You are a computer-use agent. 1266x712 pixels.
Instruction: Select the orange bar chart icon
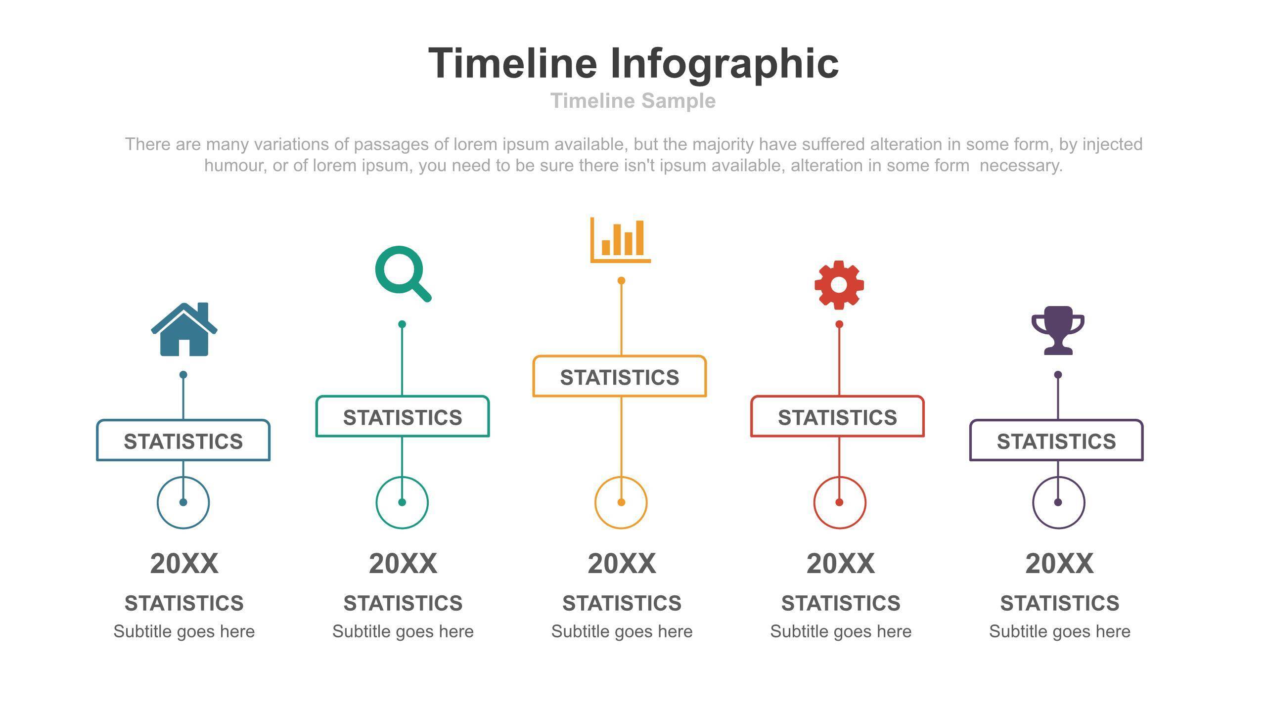point(621,240)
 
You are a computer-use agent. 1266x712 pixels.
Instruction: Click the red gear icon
point(839,285)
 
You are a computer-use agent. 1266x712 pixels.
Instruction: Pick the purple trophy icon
point(1058,330)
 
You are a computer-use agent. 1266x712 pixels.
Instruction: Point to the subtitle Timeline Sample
point(633,101)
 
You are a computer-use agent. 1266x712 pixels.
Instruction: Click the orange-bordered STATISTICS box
point(620,376)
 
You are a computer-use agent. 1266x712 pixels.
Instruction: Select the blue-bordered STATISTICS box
point(183,441)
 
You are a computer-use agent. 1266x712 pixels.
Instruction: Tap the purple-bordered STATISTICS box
point(1056,441)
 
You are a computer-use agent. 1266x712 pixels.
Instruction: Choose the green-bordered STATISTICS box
point(403,416)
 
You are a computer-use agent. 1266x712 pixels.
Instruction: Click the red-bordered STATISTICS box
point(838,416)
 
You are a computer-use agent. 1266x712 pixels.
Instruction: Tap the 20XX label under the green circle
point(403,564)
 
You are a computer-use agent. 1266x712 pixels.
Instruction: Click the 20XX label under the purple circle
point(1059,564)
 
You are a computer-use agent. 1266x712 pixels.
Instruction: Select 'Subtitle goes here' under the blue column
point(184,631)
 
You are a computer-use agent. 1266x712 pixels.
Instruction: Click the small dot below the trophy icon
point(1058,375)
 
